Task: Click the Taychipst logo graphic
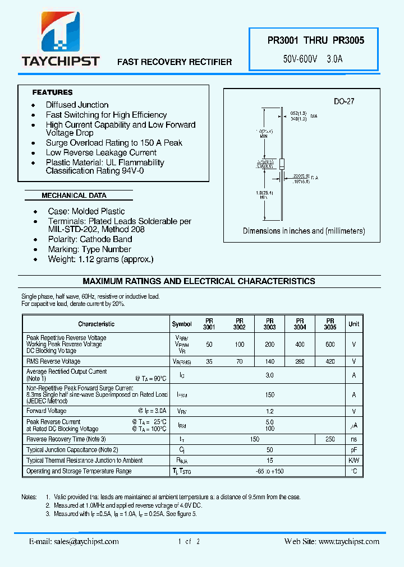(x=60, y=33)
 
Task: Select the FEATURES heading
(x=53, y=92)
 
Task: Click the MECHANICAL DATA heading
(x=74, y=196)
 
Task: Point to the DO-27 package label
(x=344, y=101)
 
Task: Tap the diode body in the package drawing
(x=282, y=164)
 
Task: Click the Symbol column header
(x=182, y=324)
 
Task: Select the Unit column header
(x=353, y=324)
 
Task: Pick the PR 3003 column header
(x=269, y=324)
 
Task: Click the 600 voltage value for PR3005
(x=330, y=344)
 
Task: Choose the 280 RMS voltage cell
(x=300, y=361)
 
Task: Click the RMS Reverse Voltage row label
(x=53, y=361)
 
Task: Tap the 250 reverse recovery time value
(x=330, y=439)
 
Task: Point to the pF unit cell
(x=353, y=450)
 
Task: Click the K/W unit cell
(x=353, y=461)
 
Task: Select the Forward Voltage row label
(x=46, y=411)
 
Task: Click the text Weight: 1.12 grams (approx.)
(x=99, y=259)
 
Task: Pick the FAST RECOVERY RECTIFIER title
(x=175, y=62)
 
